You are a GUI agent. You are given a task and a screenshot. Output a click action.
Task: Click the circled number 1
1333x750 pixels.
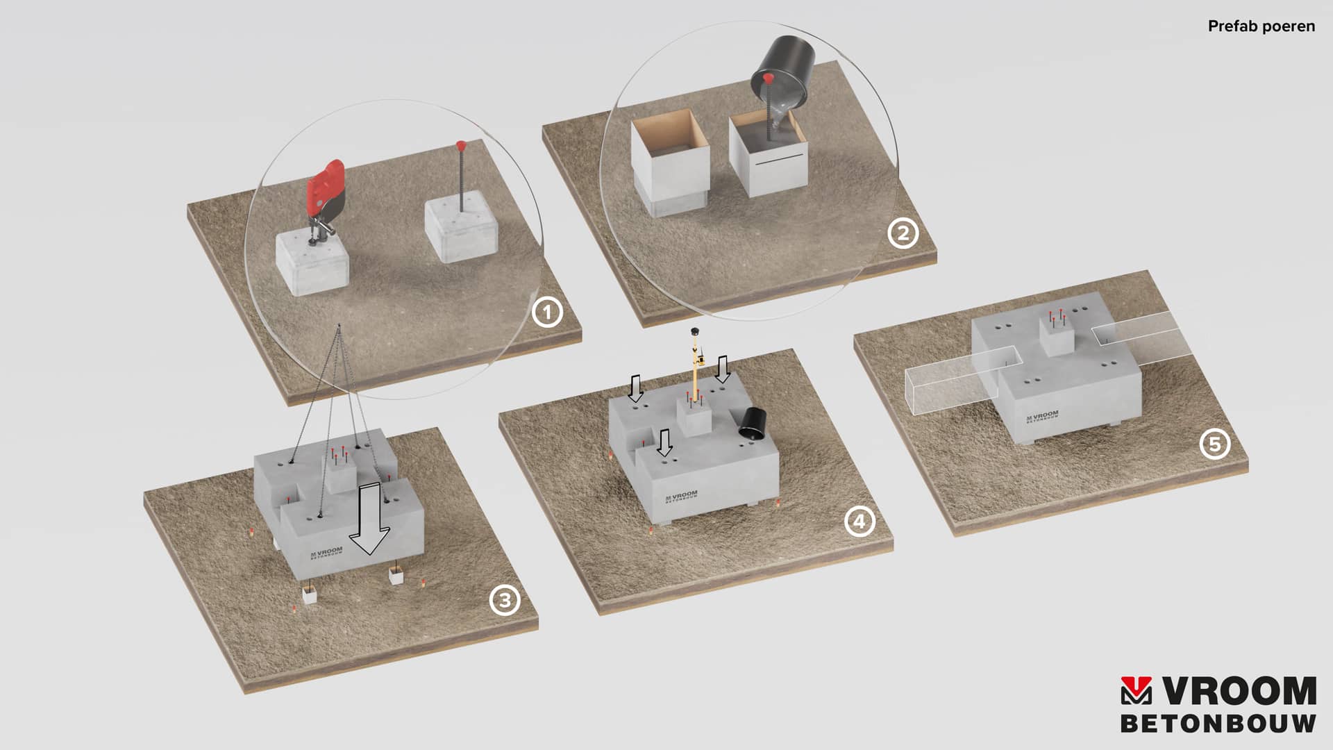(x=547, y=312)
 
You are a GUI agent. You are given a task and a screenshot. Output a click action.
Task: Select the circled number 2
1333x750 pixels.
(x=903, y=234)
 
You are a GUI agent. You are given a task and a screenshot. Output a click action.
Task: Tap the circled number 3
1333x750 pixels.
(x=505, y=600)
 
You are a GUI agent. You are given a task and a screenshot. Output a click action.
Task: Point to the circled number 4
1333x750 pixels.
(x=860, y=521)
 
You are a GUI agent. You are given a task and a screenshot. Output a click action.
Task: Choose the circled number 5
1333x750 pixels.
(x=1215, y=444)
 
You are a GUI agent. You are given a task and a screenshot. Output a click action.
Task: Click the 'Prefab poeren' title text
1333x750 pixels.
(x=1261, y=26)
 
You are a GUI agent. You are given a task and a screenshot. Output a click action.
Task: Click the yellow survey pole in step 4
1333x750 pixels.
(x=696, y=368)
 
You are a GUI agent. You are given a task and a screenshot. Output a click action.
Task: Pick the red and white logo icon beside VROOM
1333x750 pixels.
(x=1136, y=691)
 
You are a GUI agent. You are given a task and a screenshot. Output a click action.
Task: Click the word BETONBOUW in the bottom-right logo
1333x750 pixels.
(x=1218, y=723)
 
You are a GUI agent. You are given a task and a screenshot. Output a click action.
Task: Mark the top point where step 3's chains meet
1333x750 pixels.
(x=338, y=325)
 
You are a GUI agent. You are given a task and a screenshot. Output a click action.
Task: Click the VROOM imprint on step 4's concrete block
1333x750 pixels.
(x=681, y=496)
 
